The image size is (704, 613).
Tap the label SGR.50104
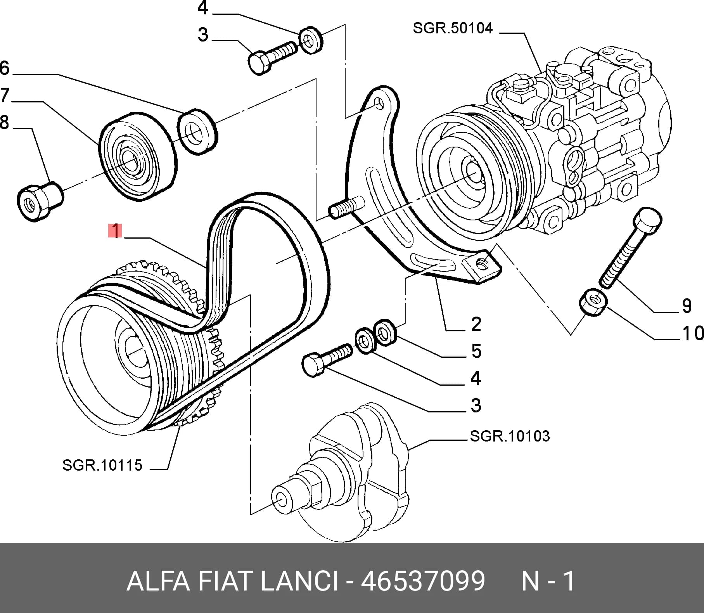pyautogui.click(x=453, y=28)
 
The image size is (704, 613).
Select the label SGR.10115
pyautogui.click(x=102, y=465)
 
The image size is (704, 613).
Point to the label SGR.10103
pyautogui.click(x=510, y=436)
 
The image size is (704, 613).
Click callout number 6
pyautogui.click(x=5, y=68)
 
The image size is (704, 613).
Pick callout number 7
pyautogui.click(x=5, y=95)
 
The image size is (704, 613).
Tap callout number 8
pyautogui.click(x=5, y=123)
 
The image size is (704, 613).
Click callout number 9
pyautogui.click(x=687, y=306)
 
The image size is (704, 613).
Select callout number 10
pyautogui.click(x=693, y=333)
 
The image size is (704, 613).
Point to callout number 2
pyautogui.click(x=476, y=324)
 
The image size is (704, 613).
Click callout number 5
pyautogui.click(x=476, y=351)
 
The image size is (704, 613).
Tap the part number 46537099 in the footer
pyautogui.click(x=423, y=581)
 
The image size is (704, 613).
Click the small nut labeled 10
pyautogui.click(x=593, y=302)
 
